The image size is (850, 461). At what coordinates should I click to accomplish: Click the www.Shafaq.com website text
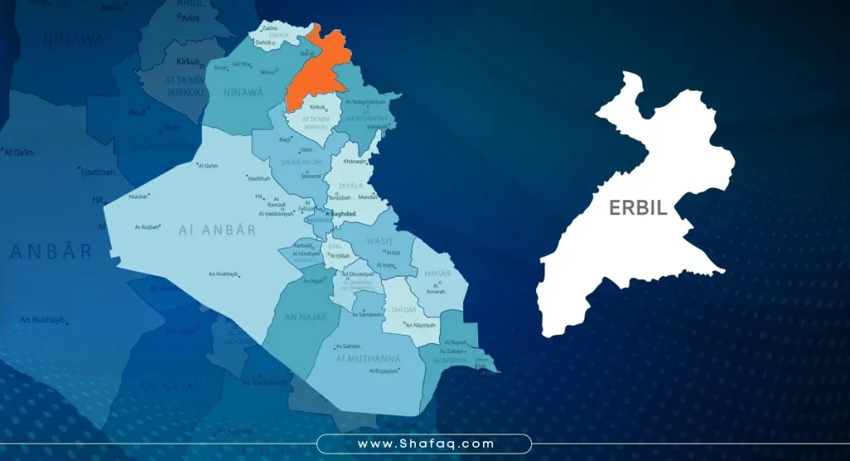[426, 444]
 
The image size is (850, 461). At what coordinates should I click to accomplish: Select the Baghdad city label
[342, 213]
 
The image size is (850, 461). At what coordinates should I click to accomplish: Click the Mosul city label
[267, 72]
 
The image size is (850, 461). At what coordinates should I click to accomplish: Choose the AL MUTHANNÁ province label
[368, 358]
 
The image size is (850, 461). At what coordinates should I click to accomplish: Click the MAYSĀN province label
[437, 273]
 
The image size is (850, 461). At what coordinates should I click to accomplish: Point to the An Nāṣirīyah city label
[419, 325]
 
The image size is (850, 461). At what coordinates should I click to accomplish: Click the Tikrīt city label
[305, 150]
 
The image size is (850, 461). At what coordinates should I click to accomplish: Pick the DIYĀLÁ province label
[352, 186]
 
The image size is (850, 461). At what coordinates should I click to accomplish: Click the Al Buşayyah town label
[383, 371]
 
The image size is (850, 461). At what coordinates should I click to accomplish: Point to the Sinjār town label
[220, 67]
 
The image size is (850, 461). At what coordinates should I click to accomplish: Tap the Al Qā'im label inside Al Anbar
[208, 166]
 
